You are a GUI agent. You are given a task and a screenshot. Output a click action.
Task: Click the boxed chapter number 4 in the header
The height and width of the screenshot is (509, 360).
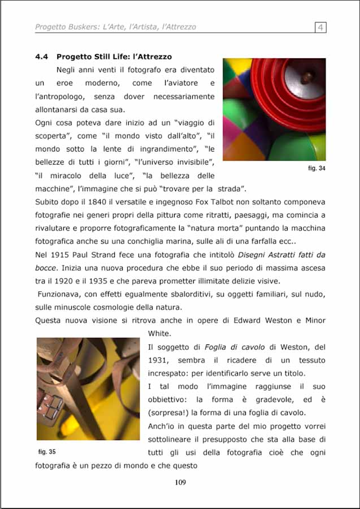pos(320,27)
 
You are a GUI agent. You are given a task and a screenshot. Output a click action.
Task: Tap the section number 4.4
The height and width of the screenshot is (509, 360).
pos(42,57)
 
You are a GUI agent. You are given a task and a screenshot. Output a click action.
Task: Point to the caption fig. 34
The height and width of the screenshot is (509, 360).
pos(316,168)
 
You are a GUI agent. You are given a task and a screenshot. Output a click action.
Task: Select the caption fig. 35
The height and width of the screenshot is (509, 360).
pos(47,451)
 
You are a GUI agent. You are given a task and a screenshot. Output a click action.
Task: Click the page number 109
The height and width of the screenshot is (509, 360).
pos(180,482)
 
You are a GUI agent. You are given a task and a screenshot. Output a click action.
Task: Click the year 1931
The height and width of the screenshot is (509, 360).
pos(159,360)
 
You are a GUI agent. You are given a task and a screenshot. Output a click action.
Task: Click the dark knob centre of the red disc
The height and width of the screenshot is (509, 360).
pos(306,75)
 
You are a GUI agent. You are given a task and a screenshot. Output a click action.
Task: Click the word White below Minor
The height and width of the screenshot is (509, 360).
pos(159,334)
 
